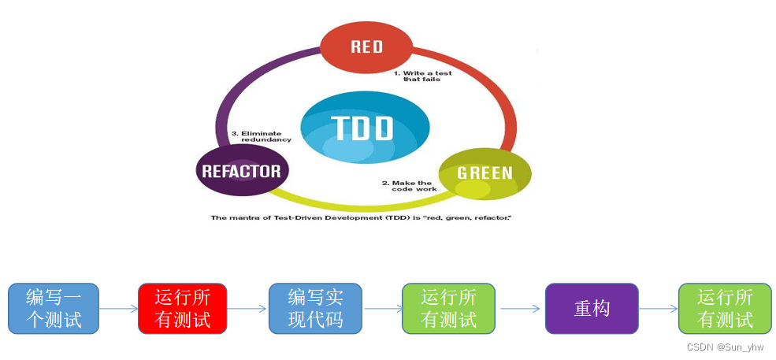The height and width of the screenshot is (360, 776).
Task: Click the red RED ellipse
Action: pyautogui.click(x=366, y=46)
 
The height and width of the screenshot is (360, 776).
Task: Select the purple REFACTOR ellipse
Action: pyautogui.click(x=241, y=171)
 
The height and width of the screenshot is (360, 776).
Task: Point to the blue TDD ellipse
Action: pyautogui.click(x=366, y=128)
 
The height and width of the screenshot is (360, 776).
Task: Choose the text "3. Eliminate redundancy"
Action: pyautogui.click(x=261, y=136)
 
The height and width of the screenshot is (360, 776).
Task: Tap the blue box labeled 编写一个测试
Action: pyautogui.click(x=54, y=308)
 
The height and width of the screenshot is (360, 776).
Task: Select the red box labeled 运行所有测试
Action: pyautogui.click(x=183, y=308)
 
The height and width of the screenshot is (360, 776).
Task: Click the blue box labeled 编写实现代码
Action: pyautogui.click(x=315, y=308)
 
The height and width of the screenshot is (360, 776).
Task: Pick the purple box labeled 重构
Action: pyautogui.click(x=592, y=308)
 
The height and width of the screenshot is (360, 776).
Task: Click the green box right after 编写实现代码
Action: pyautogui.click(x=449, y=308)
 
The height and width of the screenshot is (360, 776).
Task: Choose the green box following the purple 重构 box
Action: pyautogui.click(x=725, y=308)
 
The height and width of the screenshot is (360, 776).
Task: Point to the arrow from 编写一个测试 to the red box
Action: pyautogui.click(x=118, y=309)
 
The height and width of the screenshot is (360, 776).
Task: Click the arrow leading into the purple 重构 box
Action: pyautogui.click(x=520, y=309)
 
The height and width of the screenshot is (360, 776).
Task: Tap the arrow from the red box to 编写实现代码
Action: pyautogui.click(x=247, y=309)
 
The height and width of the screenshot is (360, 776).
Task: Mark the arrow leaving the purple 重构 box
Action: pyautogui.click(x=658, y=309)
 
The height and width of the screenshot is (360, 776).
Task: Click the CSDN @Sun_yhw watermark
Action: pyautogui.click(x=725, y=346)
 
